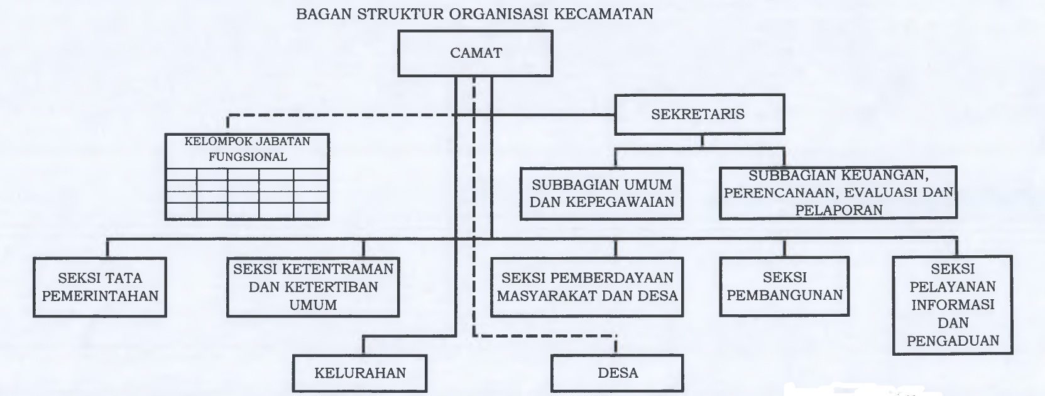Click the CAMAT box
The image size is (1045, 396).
click(476, 53)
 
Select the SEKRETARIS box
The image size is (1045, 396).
click(699, 114)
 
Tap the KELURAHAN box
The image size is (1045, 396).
click(359, 373)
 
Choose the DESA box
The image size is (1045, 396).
click(617, 373)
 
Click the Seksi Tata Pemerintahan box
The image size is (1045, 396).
click(100, 287)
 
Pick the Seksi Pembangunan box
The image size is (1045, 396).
click(784, 287)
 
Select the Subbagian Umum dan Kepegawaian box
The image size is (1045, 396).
click(602, 194)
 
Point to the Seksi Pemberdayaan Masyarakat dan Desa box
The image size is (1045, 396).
click(587, 287)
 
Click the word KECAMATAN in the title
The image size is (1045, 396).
click(604, 14)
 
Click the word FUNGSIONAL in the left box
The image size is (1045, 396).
click(248, 157)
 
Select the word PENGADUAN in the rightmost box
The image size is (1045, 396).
click(953, 341)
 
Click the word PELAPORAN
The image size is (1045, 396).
click(839, 211)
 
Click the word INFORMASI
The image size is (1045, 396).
click(953, 305)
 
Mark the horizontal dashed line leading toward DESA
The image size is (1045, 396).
click(544, 336)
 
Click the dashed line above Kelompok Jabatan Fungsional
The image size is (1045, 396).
click(340, 115)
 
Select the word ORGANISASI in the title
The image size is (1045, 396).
click(499, 14)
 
